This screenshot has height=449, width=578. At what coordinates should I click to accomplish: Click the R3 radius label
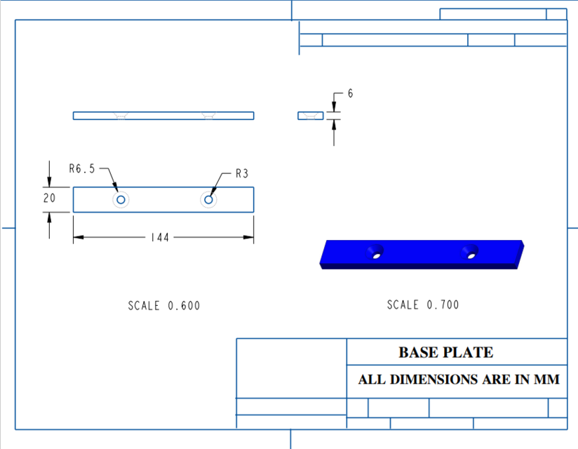(x=241, y=174)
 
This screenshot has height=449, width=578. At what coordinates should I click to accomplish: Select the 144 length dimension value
(x=160, y=238)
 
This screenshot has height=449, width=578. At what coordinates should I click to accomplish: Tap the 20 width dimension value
(x=49, y=199)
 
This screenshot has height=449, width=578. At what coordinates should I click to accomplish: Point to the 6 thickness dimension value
(x=349, y=94)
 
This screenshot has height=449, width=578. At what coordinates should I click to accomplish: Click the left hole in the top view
(x=121, y=200)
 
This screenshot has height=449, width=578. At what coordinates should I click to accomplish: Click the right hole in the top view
(x=208, y=200)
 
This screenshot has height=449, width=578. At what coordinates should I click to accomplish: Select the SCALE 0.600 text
(x=163, y=306)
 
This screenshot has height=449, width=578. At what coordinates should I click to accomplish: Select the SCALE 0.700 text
(x=423, y=304)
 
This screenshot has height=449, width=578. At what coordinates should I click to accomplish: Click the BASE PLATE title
(x=445, y=352)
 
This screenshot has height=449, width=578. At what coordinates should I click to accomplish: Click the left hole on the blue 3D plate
(x=377, y=254)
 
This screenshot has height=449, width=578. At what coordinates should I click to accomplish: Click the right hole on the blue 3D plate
(x=471, y=254)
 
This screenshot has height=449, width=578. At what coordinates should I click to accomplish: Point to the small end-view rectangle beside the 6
(x=311, y=116)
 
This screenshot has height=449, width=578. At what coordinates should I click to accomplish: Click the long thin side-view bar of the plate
(x=163, y=116)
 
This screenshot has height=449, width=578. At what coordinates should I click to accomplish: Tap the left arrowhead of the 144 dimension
(x=78, y=237)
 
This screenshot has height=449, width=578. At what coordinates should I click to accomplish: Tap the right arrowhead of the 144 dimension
(x=249, y=237)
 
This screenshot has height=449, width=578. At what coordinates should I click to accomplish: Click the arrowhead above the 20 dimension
(x=49, y=182)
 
